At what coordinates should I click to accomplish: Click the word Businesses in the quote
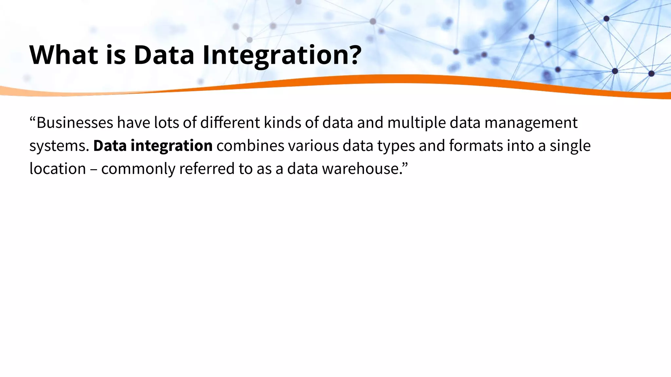[x=75, y=123]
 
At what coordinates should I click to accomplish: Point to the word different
[x=230, y=123]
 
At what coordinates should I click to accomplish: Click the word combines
[x=250, y=146]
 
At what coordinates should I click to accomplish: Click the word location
[x=58, y=169]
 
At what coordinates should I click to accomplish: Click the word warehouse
[x=360, y=169]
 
